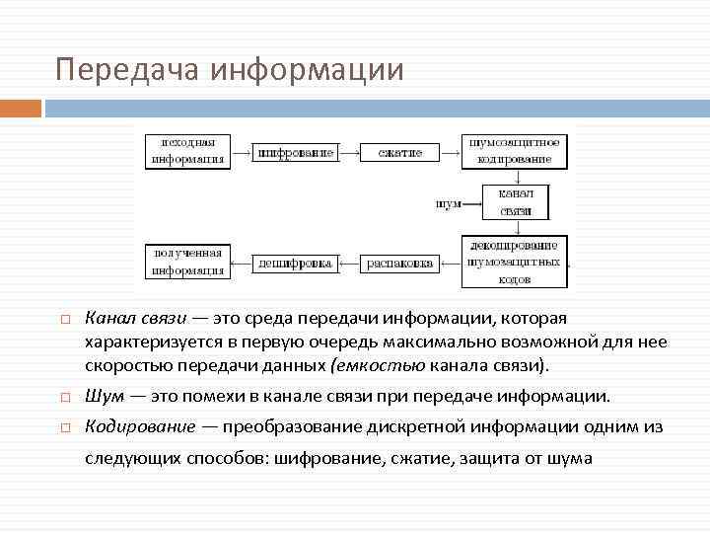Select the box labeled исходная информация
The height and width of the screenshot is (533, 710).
187,151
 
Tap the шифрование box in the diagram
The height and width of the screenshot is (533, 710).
295,153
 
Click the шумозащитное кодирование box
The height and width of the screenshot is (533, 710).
516,151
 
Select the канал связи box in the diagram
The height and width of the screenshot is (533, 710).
516,202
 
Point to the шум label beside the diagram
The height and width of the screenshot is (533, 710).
448,204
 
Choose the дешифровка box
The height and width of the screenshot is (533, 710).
295,264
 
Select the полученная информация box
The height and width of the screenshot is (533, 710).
187,262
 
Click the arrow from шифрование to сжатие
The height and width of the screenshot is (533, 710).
349,153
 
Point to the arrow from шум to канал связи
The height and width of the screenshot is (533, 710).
472,204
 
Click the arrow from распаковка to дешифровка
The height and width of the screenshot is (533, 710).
349,264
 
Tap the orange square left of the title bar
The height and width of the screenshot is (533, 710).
21,108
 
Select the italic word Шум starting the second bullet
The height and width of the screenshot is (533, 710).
104,397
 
